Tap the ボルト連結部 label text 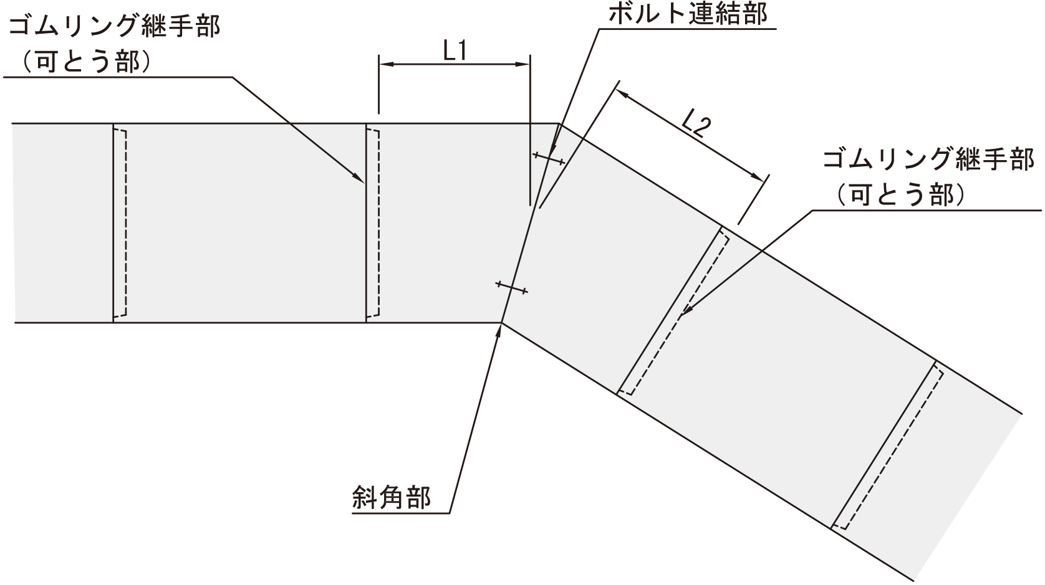click(x=688, y=14)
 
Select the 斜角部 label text click(x=392, y=497)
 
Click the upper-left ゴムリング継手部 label click(x=114, y=27)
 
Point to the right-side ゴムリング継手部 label click(x=928, y=160)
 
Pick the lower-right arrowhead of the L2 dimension click(x=759, y=175)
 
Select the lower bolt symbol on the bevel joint click(x=512, y=287)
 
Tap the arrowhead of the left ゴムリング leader click(x=359, y=178)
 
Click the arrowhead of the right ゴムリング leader click(x=686, y=310)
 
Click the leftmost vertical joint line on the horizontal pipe click(x=113, y=223)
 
